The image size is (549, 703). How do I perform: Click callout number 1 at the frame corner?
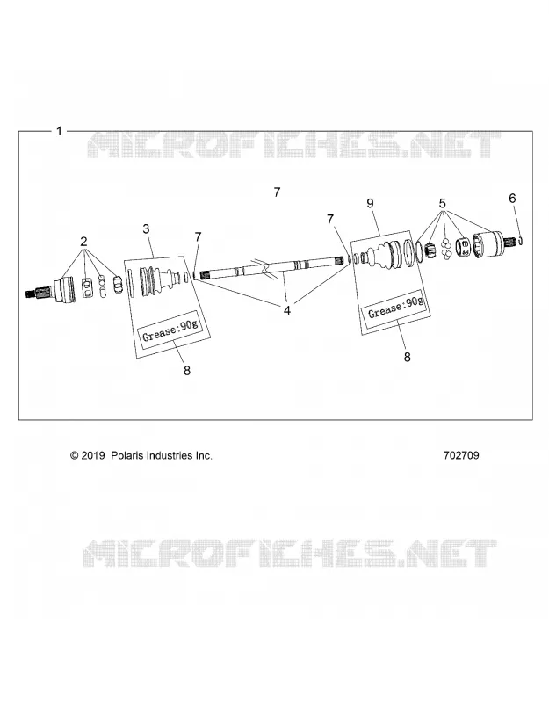59,131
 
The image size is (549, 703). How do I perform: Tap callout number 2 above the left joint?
83,242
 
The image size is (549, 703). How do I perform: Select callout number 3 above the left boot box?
146,229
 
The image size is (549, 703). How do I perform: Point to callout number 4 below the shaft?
287,310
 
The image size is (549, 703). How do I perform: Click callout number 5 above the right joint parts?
443,204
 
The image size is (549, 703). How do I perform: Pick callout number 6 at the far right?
512,199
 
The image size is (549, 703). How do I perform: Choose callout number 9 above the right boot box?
370,204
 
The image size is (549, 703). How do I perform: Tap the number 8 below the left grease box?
187,370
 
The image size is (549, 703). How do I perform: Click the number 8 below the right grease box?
407,357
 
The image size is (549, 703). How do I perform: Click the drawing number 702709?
461,455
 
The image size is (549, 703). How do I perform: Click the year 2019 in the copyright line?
93,455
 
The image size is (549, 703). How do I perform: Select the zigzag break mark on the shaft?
264,270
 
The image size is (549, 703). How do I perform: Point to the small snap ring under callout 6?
521,241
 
